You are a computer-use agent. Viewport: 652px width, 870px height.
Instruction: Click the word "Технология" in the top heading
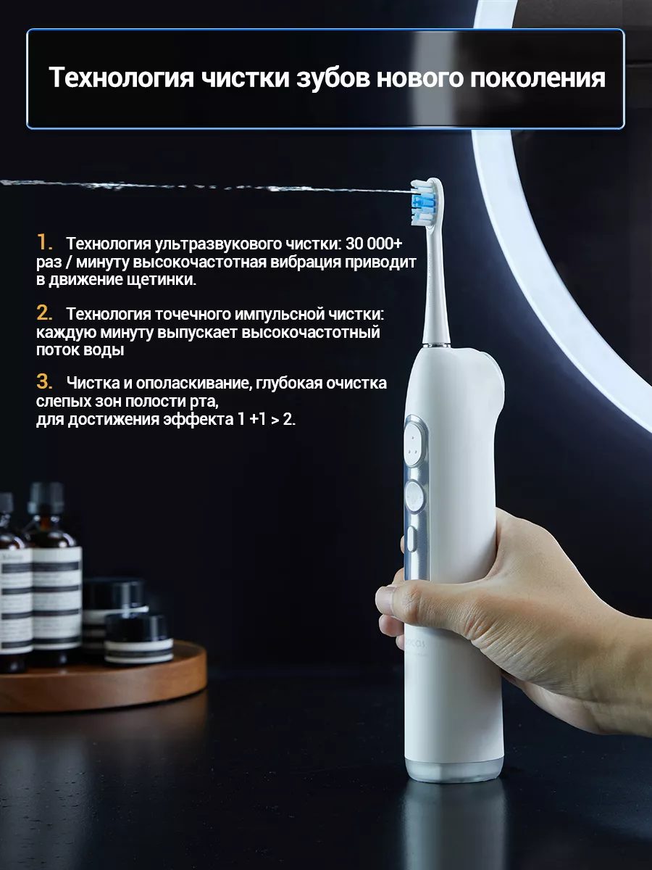click(x=122, y=78)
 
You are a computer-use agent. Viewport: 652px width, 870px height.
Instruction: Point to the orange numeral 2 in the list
click(x=44, y=312)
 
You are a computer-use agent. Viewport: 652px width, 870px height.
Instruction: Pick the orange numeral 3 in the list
click(x=44, y=381)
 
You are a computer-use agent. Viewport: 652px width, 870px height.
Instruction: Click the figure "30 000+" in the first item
click(x=374, y=244)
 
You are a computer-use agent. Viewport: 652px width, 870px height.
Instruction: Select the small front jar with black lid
click(x=138, y=638)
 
